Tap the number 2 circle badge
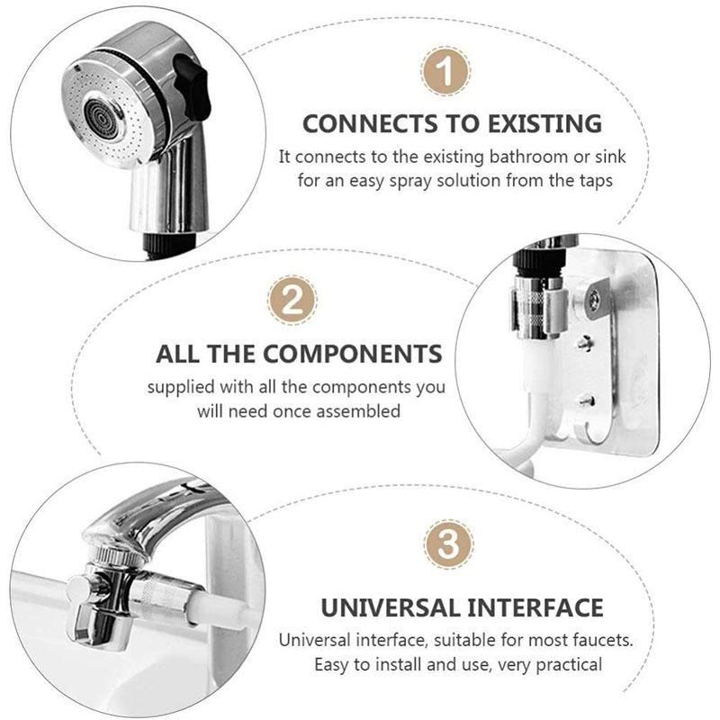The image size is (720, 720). [292, 301]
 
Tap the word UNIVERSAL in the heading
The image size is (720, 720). [389, 607]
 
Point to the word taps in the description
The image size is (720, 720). [594, 180]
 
